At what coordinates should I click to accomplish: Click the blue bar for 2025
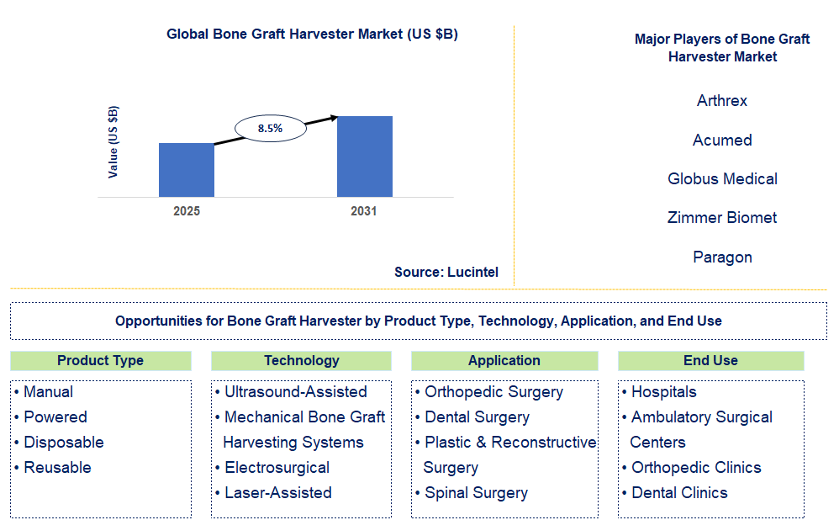click(x=186, y=170)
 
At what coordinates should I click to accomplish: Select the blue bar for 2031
click(x=364, y=157)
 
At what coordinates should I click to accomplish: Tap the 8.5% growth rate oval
click(x=270, y=129)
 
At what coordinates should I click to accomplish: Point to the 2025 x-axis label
click(x=187, y=211)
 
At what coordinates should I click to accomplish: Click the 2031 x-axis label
click(x=364, y=211)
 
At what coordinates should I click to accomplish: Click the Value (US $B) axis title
click(x=113, y=141)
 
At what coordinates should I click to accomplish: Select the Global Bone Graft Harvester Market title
click(x=312, y=34)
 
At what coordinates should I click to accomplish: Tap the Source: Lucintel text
click(x=446, y=272)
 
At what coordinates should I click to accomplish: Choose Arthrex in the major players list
click(x=722, y=101)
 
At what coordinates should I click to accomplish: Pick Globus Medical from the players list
click(x=722, y=178)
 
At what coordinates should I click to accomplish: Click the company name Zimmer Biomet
click(x=722, y=218)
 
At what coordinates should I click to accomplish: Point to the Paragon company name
click(x=722, y=257)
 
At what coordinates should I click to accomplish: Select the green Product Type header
click(x=100, y=360)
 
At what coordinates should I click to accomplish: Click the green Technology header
click(x=301, y=360)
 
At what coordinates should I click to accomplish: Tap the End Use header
click(x=710, y=360)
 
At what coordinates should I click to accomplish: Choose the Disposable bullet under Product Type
click(x=63, y=442)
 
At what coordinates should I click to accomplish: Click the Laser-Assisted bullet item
click(x=277, y=492)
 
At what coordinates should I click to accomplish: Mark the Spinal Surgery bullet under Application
click(x=476, y=492)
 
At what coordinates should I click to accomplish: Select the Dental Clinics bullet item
click(x=679, y=492)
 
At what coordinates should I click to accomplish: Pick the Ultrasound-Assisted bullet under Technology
click(x=295, y=391)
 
